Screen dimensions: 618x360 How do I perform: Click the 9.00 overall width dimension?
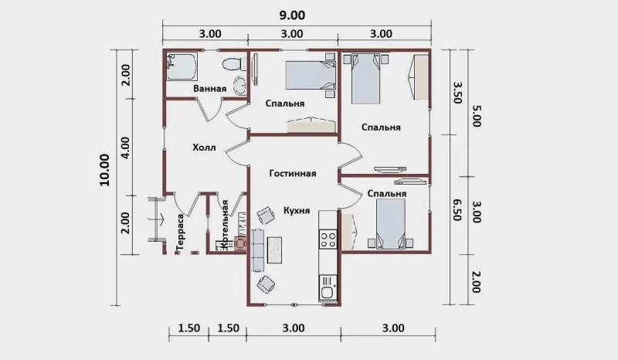[292, 15]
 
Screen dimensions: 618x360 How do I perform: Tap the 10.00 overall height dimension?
[104, 170]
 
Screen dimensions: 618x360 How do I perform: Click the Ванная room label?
[209, 88]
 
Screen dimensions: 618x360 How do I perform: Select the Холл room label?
[204, 148]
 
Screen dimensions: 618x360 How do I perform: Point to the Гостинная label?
[293, 174]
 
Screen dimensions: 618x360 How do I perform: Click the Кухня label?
[297, 211]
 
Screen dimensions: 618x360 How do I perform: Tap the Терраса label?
[180, 233]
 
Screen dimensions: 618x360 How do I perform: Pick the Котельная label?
[225, 224]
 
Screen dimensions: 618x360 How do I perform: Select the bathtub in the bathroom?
[182, 66]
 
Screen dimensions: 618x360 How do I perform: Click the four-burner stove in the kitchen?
[328, 239]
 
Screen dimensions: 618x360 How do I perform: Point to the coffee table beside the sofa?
[275, 250]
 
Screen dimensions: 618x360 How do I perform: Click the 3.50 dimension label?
[457, 92]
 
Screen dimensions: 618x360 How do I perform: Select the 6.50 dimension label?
[457, 210]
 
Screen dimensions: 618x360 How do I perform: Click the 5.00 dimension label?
[476, 116]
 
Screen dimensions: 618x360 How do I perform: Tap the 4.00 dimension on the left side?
[125, 148]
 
